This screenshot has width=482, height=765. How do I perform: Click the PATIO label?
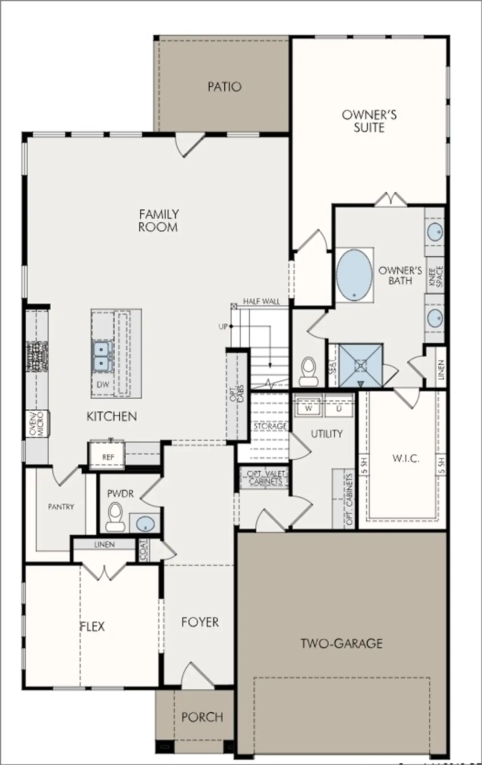click(224, 87)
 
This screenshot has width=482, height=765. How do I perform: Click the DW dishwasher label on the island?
click(103, 385)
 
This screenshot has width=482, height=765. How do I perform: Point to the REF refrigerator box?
click(107, 456)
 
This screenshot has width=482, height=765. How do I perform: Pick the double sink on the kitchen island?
click(102, 356)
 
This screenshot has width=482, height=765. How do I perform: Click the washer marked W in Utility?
click(308, 408)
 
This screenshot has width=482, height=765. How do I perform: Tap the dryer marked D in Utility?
click(339, 408)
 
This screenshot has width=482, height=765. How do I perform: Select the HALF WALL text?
click(261, 301)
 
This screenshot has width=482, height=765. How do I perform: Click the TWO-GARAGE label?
click(342, 643)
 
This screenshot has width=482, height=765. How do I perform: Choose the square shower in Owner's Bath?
click(361, 365)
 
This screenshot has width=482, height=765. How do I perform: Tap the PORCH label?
click(202, 717)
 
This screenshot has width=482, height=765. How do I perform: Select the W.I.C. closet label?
click(406, 458)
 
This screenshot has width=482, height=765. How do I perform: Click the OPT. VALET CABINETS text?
click(265, 478)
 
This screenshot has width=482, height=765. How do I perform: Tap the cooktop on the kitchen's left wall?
click(37, 356)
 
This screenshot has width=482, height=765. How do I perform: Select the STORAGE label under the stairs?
click(270, 426)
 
